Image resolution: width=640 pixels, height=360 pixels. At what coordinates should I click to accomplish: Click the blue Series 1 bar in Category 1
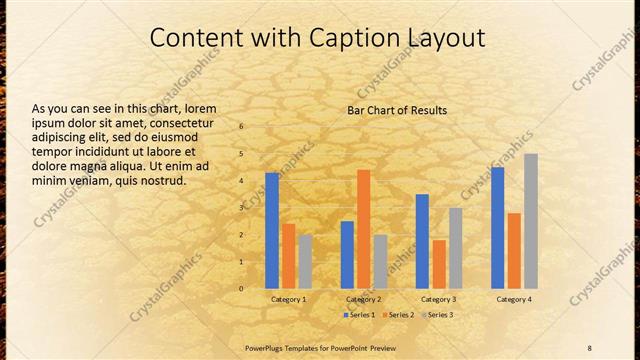(272, 231)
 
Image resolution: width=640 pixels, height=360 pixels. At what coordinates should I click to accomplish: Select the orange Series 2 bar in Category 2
(363, 229)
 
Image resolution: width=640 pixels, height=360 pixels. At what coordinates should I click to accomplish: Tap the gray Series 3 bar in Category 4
(531, 221)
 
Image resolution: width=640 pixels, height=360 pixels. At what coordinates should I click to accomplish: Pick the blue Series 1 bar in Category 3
(422, 241)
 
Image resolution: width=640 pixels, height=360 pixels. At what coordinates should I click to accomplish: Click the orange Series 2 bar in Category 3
(439, 264)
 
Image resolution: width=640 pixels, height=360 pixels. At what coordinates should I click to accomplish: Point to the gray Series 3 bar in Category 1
(305, 262)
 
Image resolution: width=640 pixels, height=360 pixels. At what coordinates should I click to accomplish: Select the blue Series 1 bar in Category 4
(498, 228)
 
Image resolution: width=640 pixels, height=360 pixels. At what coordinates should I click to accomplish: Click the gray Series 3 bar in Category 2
(380, 262)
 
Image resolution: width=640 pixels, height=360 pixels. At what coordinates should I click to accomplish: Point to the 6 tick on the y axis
(241, 127)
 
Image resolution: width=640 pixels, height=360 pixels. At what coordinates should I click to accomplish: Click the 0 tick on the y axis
(241, 289)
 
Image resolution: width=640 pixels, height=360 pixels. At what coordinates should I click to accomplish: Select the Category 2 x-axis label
(364, 299)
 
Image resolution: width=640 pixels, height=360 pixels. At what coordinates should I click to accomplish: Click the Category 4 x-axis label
(514, 299)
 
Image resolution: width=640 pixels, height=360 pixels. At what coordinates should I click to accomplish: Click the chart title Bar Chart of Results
(397, 110)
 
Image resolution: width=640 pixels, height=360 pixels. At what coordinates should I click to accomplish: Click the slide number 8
(589, 347)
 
